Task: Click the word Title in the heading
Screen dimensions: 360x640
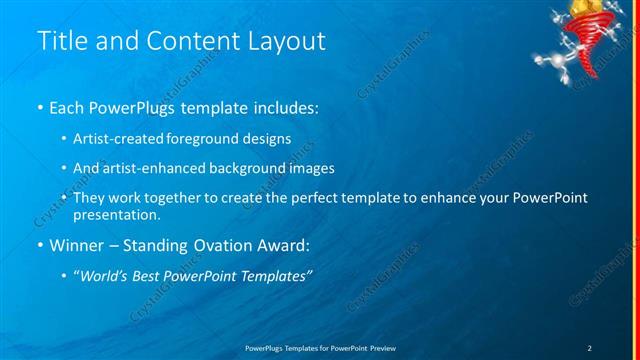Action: click(61, 41)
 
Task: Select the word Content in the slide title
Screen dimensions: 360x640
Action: click(190, 41)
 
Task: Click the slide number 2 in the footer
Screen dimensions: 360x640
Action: click(589, 347)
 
